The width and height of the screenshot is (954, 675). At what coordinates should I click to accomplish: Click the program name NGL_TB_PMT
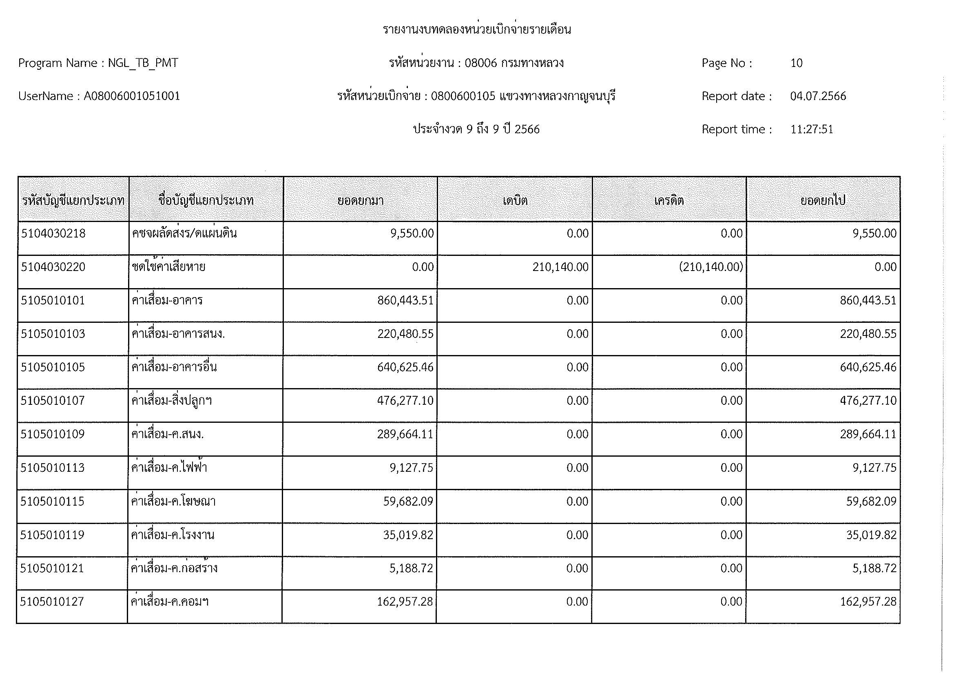tap(143, 63)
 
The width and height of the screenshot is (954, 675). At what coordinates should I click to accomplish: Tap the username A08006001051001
tap(132, 96)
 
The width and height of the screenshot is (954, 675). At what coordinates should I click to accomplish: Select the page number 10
tap(796, 63)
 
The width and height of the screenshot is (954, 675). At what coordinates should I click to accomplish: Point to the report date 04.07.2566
tap(818, 96)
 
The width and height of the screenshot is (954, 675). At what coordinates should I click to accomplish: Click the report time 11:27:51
tap(812, 130)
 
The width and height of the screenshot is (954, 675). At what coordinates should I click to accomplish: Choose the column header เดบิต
tap(515, 201)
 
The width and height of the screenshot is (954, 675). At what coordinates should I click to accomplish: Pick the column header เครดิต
tap(669, 201)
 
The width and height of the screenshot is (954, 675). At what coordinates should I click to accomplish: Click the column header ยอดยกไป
tap(823, 201)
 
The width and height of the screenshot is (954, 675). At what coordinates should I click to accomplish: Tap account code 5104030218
tap(53, 233)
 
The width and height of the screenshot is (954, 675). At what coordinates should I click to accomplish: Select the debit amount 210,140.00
tap(560, 267)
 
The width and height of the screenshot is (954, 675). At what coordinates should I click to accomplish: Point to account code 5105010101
tap(53, 300)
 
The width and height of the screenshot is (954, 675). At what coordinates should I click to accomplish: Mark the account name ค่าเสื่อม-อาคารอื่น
tap(174, 367)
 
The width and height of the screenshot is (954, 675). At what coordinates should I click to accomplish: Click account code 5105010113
tap(52, 468)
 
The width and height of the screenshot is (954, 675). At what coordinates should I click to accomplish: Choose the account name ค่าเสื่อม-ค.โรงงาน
tap(173, 535)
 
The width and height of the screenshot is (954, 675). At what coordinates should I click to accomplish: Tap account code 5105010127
tap(52, 602)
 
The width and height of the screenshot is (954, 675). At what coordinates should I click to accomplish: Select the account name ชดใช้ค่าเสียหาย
tap(169, 267)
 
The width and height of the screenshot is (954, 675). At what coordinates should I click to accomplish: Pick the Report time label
tap(736, 130)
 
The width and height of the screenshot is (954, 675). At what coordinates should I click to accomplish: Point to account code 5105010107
tap(53, 401)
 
